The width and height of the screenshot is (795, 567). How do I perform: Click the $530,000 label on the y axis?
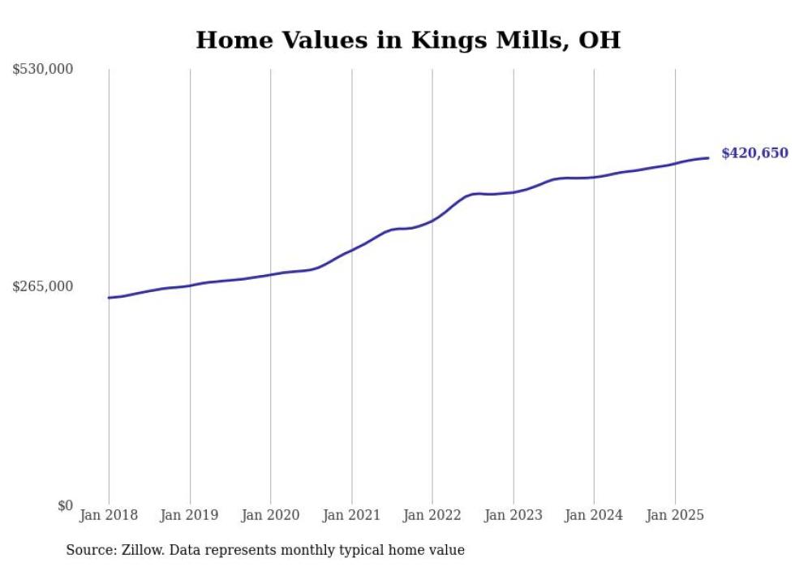[43, 70]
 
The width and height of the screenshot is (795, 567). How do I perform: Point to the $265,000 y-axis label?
[43, 286]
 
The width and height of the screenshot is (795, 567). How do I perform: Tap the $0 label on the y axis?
[65, 505]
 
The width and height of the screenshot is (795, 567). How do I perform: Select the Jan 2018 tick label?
[109, 515]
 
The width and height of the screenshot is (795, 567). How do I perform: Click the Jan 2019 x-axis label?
[190, 515]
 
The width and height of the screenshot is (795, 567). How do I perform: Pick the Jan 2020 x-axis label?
[270, 515]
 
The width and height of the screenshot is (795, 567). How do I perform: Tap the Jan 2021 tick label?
[351, 515]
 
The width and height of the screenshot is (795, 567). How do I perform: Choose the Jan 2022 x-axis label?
[432, 515]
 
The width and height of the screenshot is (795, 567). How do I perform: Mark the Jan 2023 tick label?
[513, 515]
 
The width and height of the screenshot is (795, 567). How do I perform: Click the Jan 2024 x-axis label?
[594, 515]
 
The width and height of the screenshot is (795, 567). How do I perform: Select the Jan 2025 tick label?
[675, 515]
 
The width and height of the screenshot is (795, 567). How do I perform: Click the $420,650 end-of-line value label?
[754, 153]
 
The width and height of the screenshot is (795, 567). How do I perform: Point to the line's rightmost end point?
[709, 157]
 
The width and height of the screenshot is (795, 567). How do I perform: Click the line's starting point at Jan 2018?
[109, 298]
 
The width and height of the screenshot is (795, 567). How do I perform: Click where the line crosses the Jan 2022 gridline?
[432, 220]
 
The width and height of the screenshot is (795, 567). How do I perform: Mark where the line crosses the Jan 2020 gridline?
[270, 275]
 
